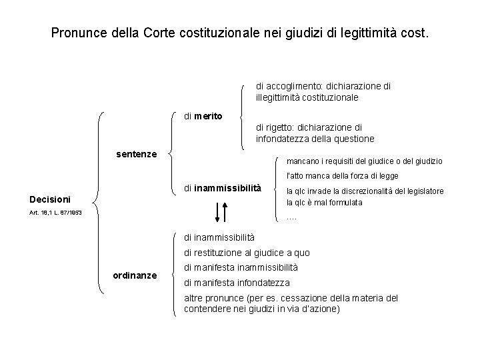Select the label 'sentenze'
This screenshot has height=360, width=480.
coord(136,154)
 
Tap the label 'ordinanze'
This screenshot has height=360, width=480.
coord(135,275)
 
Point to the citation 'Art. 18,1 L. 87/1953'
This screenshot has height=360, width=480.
coord(56,213)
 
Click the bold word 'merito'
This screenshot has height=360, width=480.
coord(208,116)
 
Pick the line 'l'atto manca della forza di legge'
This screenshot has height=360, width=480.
coord(342,176)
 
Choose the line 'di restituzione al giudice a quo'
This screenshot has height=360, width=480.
coord(247,253)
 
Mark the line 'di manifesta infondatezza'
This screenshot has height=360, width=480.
coord(237,283)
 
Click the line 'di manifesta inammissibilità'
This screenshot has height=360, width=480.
coord(241,267)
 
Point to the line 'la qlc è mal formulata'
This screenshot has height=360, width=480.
coord(324,203)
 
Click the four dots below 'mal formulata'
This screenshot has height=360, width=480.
coord(291,217)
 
